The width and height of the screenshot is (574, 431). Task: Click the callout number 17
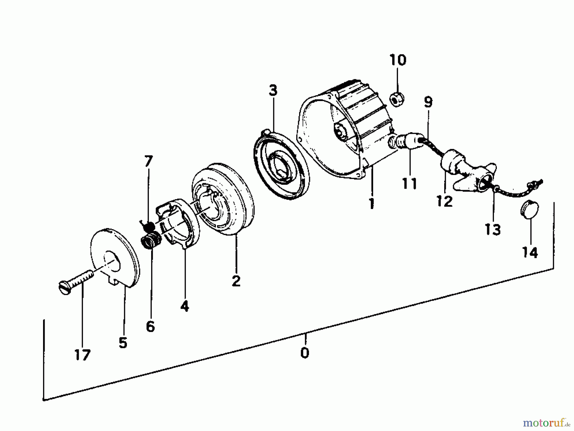[83, 355]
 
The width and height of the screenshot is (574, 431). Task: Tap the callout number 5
[123, 343]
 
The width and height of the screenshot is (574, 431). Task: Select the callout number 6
[150, 326]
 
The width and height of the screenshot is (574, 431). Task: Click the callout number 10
[398, 60]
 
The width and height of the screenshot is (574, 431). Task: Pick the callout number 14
[530, 252]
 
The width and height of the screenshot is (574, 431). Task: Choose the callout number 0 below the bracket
[305, 353]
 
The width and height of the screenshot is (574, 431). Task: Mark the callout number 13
[493, 229]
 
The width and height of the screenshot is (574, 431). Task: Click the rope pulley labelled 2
[223, 204]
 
